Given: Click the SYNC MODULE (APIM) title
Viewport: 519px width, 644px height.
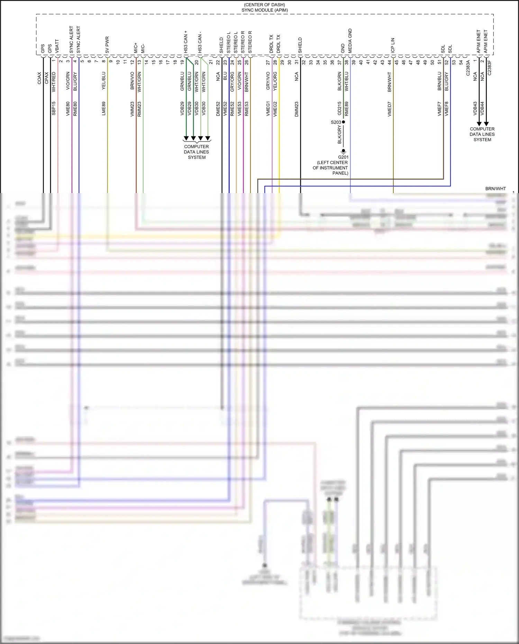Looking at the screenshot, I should click(265, 10).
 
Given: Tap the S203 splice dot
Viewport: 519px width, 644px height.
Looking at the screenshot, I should click(344, 122).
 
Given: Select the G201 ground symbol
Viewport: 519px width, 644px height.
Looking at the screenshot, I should click(343, 152).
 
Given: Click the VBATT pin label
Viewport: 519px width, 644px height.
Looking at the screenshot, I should click(57, 46).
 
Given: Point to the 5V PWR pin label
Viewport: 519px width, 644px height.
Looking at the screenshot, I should click(107, 45).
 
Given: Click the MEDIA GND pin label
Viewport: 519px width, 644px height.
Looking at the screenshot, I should click(350, 41).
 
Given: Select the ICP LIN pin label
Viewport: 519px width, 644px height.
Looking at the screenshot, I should click(393, 45).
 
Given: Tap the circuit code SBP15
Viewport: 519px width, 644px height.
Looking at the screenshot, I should click(54, 108).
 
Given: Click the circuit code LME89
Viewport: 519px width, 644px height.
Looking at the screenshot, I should click(104, 108).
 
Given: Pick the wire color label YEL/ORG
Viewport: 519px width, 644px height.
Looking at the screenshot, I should click(275, 81).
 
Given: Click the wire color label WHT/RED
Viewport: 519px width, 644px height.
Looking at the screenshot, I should click(54, 82).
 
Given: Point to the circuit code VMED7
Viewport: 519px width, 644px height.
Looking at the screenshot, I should click(390, 109).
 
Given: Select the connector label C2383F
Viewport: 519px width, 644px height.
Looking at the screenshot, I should click(489, 68).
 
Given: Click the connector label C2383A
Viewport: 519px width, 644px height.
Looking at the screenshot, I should click(468, 68).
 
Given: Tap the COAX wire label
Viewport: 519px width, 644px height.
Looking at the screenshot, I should click(39, 78).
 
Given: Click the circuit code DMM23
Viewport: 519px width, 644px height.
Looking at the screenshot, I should click(297, 109).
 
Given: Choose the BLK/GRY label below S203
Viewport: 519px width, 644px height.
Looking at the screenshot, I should click(339, 135).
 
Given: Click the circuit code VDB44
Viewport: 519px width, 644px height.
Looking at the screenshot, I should click(482, 108).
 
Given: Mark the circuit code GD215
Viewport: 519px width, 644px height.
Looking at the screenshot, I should click(339, 108).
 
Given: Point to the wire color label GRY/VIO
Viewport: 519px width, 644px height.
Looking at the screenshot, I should click(268, 81).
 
